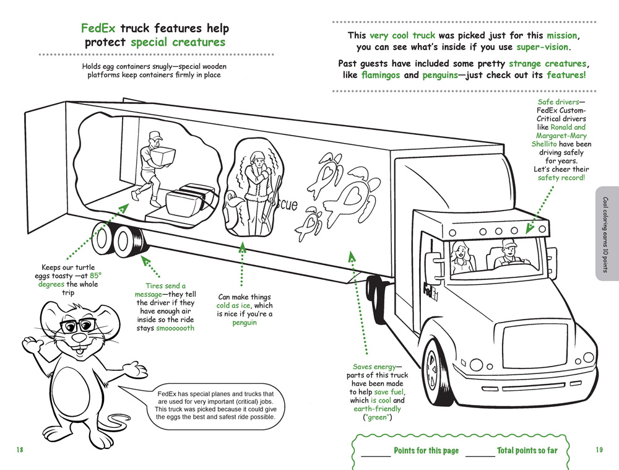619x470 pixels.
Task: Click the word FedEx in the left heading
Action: pos(98,28)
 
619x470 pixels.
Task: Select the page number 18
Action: pos(20,450)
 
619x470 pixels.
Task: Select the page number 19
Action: pos(599,450)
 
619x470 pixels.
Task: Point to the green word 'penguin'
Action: pos(245,323)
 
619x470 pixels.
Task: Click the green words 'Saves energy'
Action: pos(373,367)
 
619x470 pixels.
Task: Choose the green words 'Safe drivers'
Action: pos(561,102)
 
